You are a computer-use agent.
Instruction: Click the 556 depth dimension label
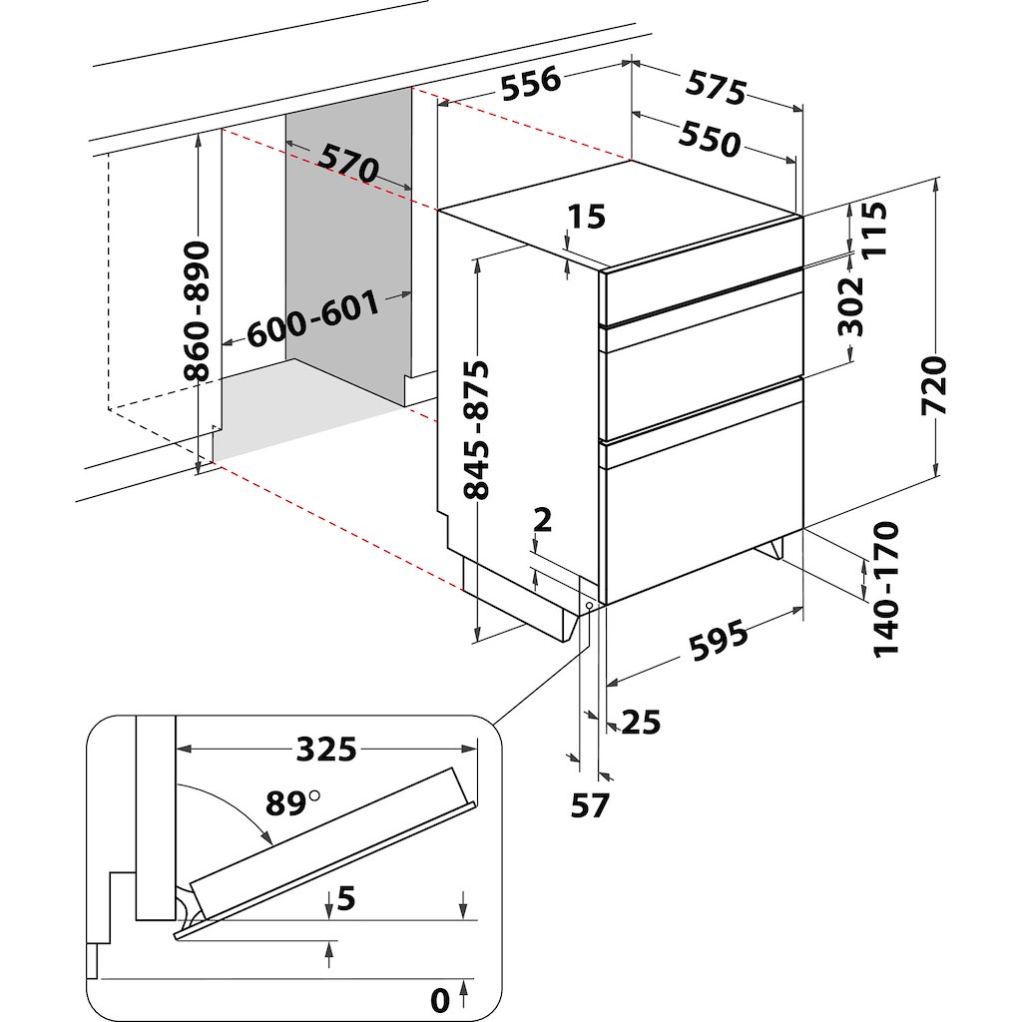(x=530, y=87)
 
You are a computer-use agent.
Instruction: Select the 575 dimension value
(x=716, y=87)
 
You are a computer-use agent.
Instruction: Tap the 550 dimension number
(x=711, y=140)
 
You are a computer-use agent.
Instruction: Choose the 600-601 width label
(x=313, y=318)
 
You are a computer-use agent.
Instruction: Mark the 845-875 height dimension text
(x=478, y=429)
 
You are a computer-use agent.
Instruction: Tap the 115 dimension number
(x=874, y=231)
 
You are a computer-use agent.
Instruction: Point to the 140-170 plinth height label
(x=885, y=589)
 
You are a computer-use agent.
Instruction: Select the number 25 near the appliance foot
(x=641, y=721)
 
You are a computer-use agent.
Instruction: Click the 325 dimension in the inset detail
(x=326, y=748)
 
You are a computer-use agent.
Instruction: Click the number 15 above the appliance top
(x=587, y=217)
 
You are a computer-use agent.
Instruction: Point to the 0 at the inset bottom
(x=440, y=997)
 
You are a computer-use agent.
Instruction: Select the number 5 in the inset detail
(x=346, y=899)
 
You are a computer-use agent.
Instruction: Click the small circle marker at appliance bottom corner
(x=590, y=606)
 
